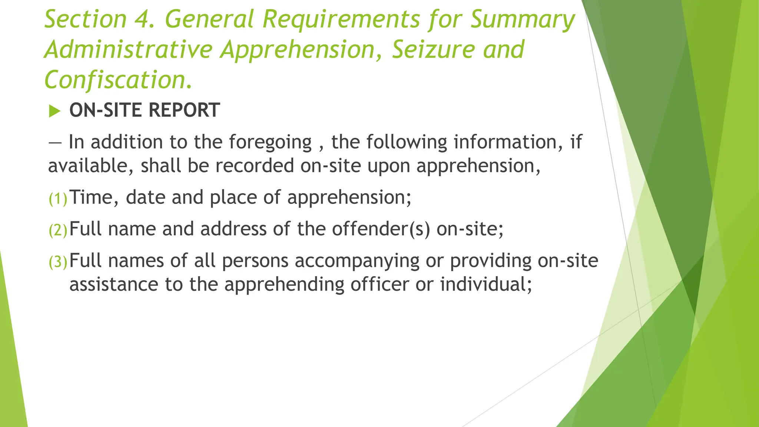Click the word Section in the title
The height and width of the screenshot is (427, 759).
pos(86,19)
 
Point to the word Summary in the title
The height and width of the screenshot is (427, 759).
pos(523,19)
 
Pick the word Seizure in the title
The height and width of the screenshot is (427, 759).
pos(433,50)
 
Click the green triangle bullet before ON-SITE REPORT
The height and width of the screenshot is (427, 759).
pos(54,111)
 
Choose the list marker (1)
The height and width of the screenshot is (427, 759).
pos(58,199)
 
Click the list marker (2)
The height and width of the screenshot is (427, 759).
pos(58,231)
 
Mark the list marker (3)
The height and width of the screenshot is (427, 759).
pos(58,262)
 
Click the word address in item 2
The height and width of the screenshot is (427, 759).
pos(233,229)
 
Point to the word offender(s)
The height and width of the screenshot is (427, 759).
pos(381,229)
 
